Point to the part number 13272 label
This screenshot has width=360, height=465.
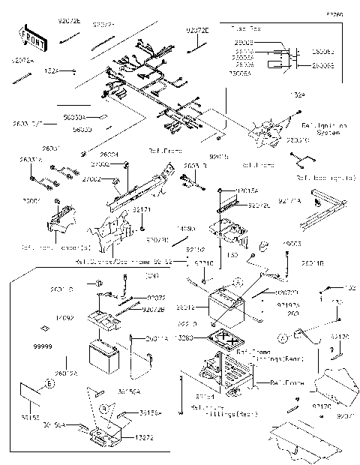tap(145, 436)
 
